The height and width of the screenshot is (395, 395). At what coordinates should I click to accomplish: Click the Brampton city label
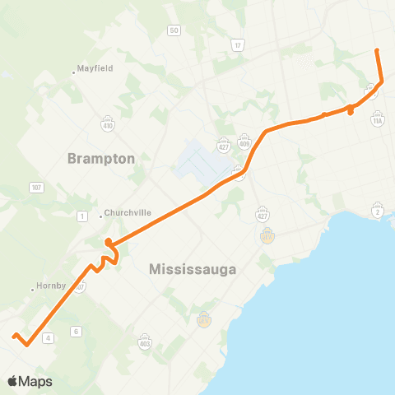(102, 158)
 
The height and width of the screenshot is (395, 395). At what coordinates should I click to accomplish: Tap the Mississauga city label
(193, 269)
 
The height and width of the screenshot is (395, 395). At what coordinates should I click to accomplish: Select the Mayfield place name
(95, 69)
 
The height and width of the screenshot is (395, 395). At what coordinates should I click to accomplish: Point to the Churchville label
(126, 212)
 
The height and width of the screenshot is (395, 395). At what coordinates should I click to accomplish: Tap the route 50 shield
(174, 30)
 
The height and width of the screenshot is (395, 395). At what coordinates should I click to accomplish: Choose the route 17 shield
(238, 45)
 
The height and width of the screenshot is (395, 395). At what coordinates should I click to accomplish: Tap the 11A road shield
(378, 120)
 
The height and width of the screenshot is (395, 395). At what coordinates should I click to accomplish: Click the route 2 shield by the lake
(378, 212)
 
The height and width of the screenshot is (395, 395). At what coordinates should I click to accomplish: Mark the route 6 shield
(76, 332)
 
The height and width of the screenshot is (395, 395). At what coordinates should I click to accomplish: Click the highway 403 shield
(146, 342)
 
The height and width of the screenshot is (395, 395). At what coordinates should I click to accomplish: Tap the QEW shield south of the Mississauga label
(204, 319)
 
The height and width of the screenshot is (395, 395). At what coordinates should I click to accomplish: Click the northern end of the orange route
(377, 51)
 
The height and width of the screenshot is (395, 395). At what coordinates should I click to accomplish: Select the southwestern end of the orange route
(14, 335)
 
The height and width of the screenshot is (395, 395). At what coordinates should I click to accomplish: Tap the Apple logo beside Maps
(12, 381)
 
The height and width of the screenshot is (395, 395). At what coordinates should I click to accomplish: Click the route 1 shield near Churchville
(81, 216)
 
